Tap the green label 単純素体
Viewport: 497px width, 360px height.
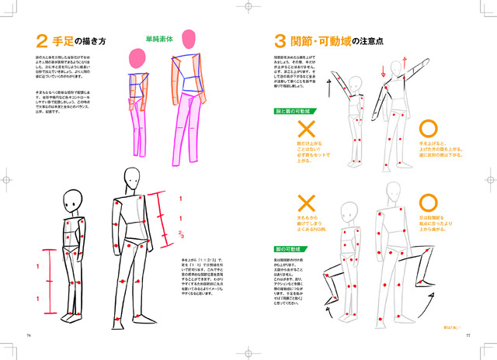click(160, 37)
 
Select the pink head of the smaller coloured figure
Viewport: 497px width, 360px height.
click(137, 59)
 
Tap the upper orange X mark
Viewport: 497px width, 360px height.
click(306, 129)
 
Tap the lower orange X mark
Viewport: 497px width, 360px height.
click(306, 204)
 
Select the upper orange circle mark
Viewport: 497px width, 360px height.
click(429, 129)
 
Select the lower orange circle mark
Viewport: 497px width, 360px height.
click(429, 203)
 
